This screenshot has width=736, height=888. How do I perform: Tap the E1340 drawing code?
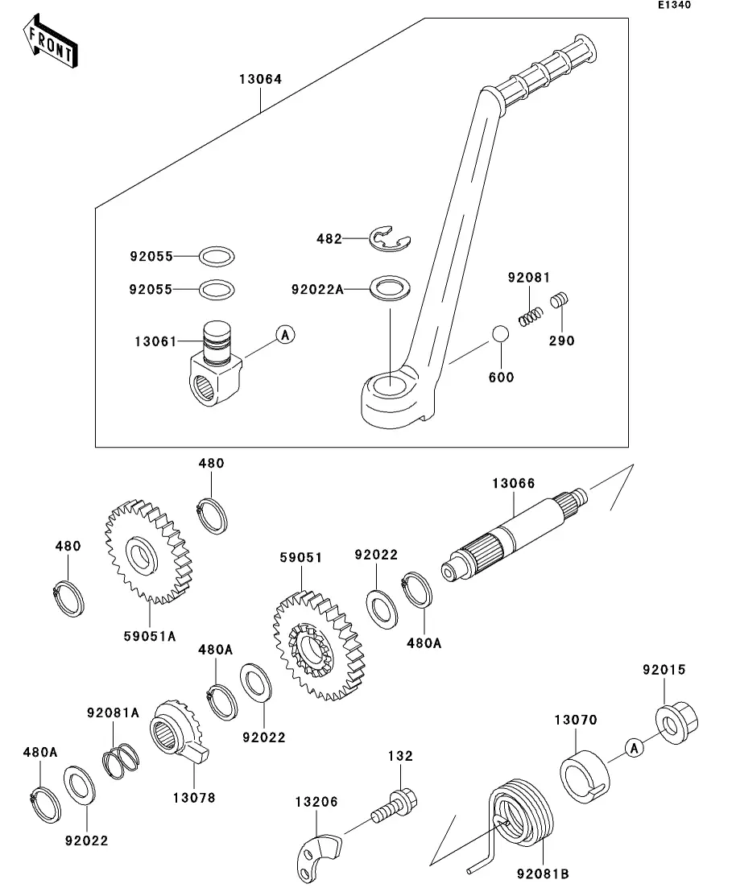(x=674, y=5)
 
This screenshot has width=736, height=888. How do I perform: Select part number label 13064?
(x=260, y=80)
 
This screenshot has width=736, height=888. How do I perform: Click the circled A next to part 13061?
(x=283, y=335)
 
